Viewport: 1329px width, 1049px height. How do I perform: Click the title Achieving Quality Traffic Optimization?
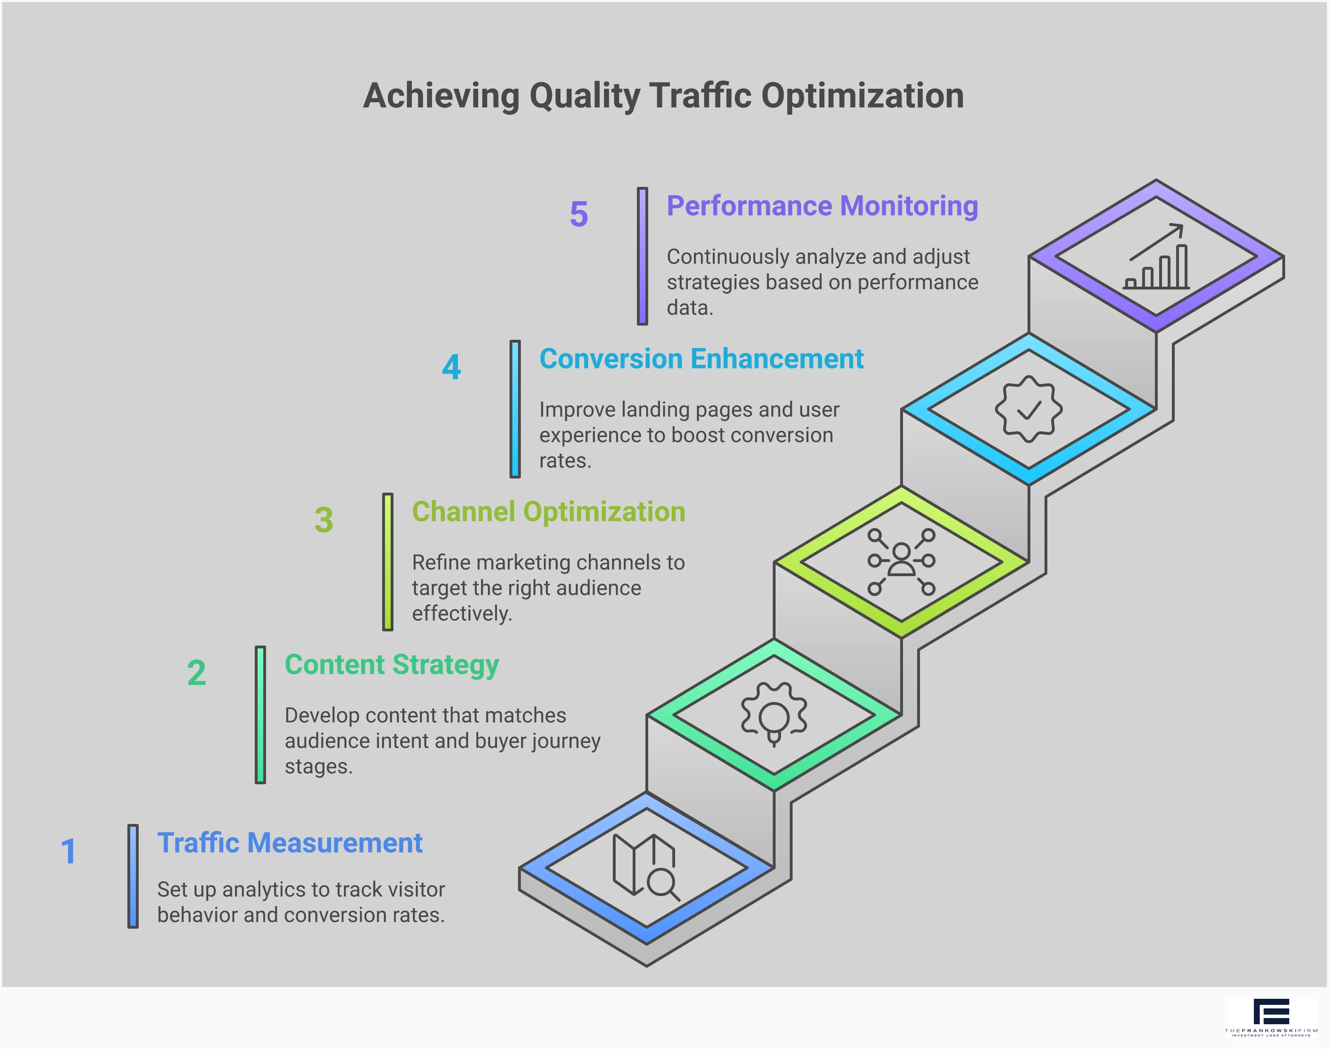[663, 96]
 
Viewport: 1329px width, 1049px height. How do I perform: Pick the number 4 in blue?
[451, 367]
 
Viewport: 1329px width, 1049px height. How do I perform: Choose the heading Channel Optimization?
[548, 512]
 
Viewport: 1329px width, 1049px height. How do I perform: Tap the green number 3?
[323, 520]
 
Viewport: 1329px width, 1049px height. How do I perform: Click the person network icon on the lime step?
[901, 561]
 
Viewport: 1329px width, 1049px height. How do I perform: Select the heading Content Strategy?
[392, 665]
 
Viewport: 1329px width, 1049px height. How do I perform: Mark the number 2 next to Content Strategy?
[196, 673]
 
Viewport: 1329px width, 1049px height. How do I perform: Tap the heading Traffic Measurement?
[290, 843]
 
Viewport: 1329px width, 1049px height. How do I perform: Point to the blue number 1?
[69, 852]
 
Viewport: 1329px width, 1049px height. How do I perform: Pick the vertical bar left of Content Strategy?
[260, 715]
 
